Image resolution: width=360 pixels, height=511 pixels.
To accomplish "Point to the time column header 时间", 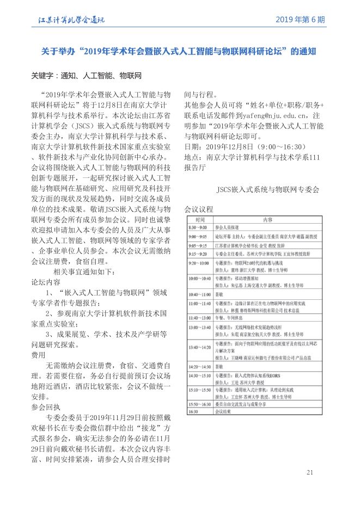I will [199, 220].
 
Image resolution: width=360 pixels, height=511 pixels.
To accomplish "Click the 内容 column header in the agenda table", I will [267, 220].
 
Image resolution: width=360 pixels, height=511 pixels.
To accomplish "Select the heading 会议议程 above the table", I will [199, 210].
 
